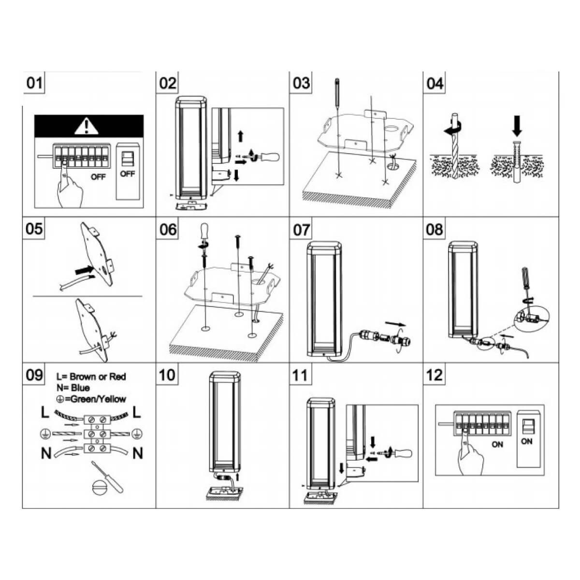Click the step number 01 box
34,83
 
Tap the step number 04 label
435,83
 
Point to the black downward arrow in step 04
517,127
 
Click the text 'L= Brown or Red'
91,377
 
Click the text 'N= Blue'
73,388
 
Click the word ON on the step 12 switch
526,441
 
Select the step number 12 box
435,375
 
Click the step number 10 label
168,375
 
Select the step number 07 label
301,229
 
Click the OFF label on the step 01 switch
128,174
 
